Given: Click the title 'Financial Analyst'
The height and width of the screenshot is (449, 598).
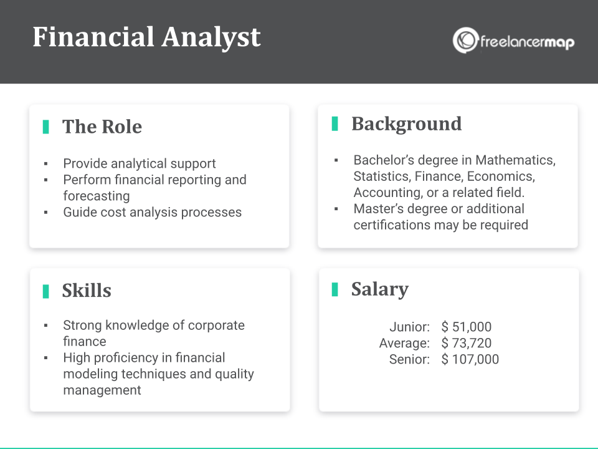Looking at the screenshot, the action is pos(146,37).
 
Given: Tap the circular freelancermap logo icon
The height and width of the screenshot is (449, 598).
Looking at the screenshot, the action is pos(465,40).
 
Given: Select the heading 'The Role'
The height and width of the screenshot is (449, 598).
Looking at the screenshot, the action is pos(102,127).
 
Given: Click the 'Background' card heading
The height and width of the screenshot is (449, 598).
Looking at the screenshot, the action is pos(407,123).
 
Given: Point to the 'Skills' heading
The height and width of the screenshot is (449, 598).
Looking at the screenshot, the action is pos(87,291).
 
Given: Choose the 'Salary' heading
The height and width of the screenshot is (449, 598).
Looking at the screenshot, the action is pos(380,289).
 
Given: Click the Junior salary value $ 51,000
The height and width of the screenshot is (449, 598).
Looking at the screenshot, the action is pos(467,327).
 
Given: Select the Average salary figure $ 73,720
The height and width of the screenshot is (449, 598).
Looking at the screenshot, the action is pos(467,343).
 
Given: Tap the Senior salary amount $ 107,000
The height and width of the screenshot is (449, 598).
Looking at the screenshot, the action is pos(470,359).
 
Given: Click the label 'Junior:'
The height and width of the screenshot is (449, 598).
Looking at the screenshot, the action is pos(410,327).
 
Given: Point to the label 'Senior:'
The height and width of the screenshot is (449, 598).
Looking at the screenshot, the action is pos(410,359).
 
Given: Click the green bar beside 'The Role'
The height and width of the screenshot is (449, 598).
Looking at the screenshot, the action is pos(45,127).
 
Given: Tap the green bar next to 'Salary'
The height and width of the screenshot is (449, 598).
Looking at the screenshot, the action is pos(335,289).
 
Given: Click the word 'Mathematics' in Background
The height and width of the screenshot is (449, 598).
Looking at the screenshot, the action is pos(516,160).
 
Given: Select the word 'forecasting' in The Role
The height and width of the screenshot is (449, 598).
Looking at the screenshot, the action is pos(97,196).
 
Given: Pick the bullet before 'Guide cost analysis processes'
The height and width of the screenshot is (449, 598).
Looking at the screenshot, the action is pos(45,212).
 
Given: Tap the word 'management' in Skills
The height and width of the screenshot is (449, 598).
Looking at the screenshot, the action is pos(102,390).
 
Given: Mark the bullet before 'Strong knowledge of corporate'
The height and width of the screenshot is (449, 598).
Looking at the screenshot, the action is pos(45,326).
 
